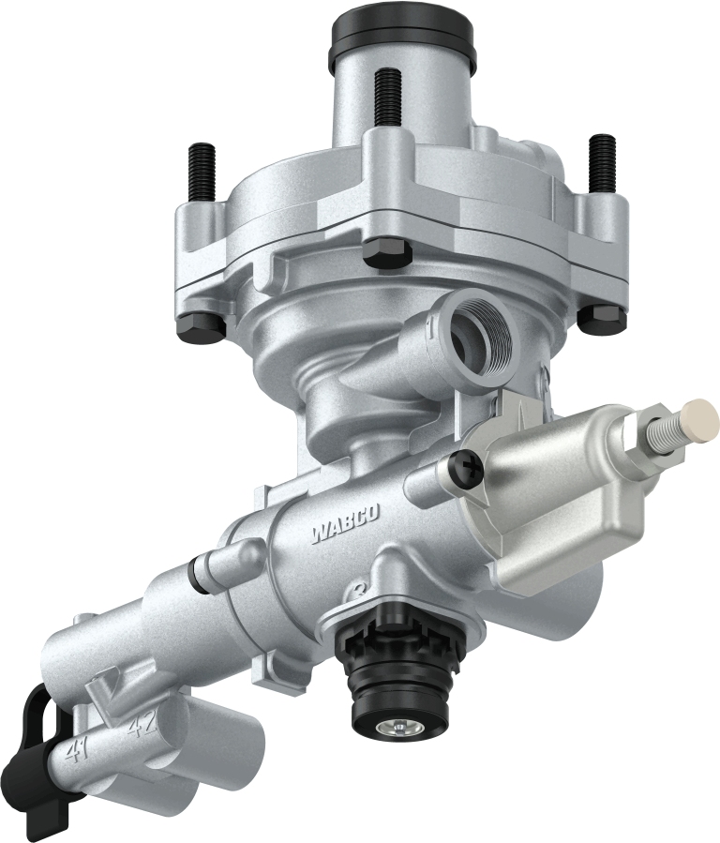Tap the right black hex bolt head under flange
tap(601, 317)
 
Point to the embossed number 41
tap(82, 750)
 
